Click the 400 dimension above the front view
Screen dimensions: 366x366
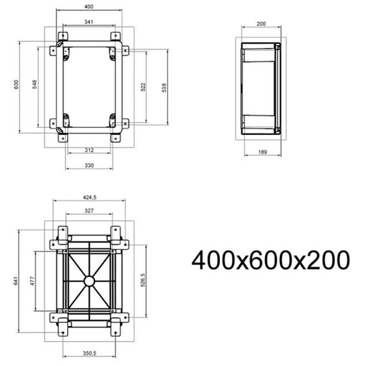pos(89,6)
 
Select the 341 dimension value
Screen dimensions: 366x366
pos(89,22)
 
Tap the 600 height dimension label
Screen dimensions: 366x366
pos(16,87)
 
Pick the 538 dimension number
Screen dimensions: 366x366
pos(163,87)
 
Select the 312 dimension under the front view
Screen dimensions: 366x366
pos(89,150)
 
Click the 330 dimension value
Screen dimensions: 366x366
pos(89,165)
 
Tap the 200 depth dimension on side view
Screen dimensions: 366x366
pos(262,24)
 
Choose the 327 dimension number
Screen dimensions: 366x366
pos(89,210)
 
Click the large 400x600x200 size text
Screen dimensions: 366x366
pos(271,260)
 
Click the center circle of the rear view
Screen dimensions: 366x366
pos(89,281)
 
